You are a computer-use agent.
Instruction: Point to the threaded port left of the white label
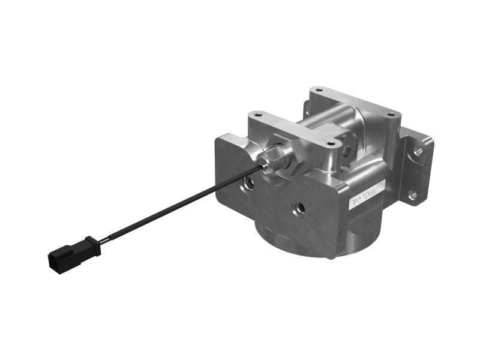[298, 208]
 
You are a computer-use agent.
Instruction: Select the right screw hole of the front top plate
[331, 143]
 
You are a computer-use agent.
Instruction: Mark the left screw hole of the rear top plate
[319, 90]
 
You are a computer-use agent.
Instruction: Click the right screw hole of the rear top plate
[391, 114]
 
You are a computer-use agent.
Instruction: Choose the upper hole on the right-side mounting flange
[418, 151]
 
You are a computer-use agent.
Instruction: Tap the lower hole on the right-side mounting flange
[412, 194]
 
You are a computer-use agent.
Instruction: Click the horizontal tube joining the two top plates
[327, 121]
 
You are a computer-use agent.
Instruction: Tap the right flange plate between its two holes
[415, 173]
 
